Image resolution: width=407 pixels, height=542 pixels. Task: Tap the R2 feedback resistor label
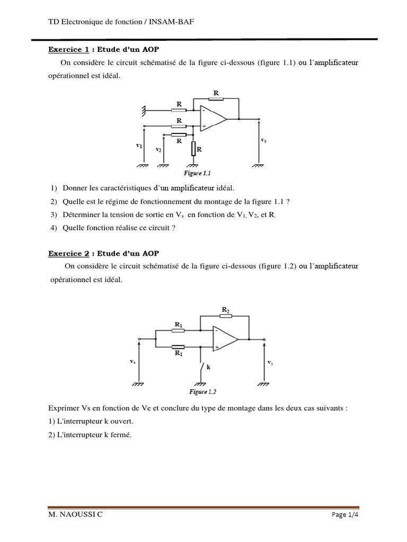(x=225, y=310)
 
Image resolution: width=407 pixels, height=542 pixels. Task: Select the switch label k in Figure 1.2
(x=208, y=366)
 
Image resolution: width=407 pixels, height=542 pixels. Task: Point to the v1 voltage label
(x=139, y=144)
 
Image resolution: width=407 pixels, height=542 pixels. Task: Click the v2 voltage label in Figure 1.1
(x=158, y=150)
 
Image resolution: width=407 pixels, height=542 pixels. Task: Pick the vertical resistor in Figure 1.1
(x=194, y=149)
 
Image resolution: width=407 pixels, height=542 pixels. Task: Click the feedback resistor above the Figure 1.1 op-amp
(x=216, y=98)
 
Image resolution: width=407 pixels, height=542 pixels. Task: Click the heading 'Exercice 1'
(x=69, y=50)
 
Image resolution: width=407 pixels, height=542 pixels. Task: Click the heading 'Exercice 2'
(x=69, y=254)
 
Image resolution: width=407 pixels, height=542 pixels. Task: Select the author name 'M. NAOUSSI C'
(x=75, y=515)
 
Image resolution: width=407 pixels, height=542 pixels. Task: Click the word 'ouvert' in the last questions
(x=122, y=421)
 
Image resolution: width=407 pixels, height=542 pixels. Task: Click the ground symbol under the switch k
(x=200, y=384)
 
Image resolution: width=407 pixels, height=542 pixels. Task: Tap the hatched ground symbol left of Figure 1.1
(x=143, y=111)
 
